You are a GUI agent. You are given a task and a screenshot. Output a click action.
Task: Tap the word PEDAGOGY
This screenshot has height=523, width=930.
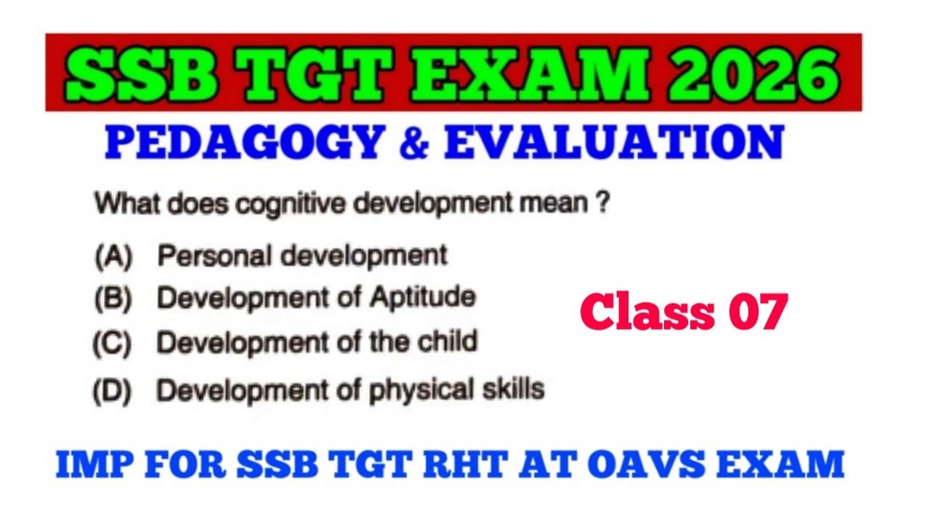pyautogui.click(x=244, y=143)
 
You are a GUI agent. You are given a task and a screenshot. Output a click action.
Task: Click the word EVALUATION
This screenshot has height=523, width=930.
pyautogui.click(x=614, y=143)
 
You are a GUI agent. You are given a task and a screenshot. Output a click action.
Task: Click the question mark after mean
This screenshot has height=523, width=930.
pyautogui.click(x=602, y=204)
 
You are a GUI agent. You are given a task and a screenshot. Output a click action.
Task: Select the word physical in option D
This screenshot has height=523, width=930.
pyautogui.click(x=422, y=391)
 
